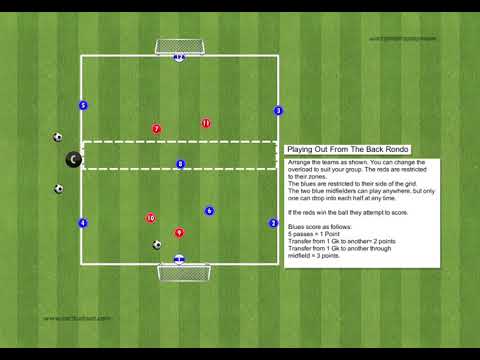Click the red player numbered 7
[x=156, y=129]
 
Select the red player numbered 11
[x=206, y=124]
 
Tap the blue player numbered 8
[x=180, y=164]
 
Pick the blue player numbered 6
[x=209, y=211]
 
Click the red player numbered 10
[x=151, y=217]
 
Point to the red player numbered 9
[x=180, y=233]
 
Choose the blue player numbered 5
[x=83, y=105]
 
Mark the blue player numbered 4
[x=83, y=223]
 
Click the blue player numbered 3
[x=278, y=111]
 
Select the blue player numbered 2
[x=273, y=223]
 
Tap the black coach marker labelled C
[x=73, y=159]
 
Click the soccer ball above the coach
[x=58, y=137]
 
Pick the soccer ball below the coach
[x=59, y=188]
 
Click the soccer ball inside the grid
[x=157, y=244]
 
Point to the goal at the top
[x=179, y=46]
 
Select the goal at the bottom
[x=184, y=272]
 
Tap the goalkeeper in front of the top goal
[x=179, y=57]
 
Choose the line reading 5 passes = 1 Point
[x=314, y=234]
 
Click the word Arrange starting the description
[x=298, y=161]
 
